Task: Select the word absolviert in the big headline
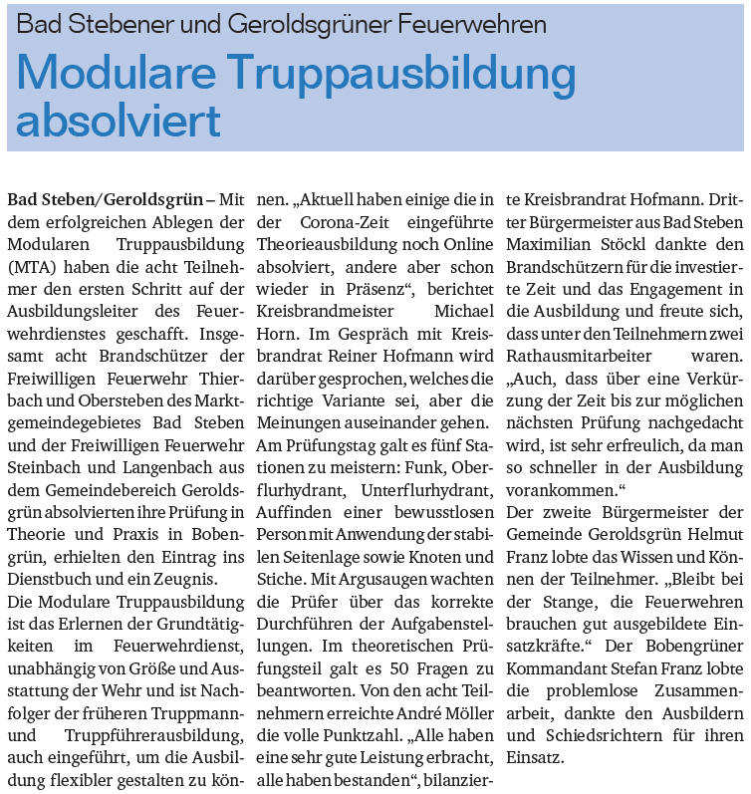119,121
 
